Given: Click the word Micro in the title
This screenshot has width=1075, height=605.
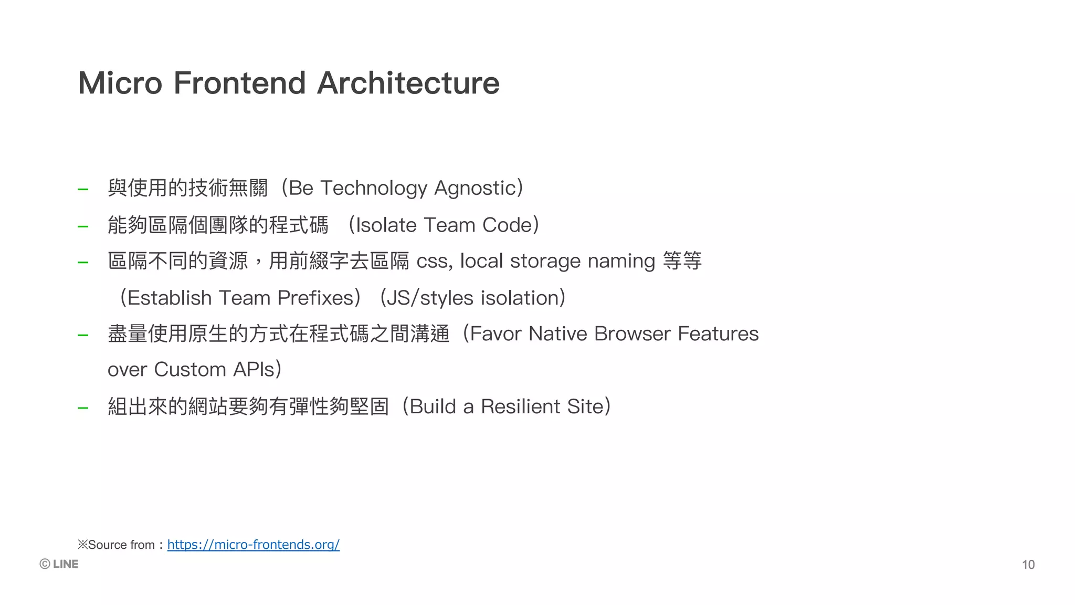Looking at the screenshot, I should (120, 83).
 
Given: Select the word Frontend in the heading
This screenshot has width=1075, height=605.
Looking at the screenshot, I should (239, 83).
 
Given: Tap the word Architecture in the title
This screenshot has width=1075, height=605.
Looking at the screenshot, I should (408, 83).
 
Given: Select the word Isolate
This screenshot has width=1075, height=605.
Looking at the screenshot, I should (386, 225).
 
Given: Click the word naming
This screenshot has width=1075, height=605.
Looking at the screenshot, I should (621, 261).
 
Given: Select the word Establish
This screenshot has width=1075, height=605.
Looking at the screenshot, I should (170, 298).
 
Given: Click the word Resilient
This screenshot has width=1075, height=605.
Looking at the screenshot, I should (521, 406).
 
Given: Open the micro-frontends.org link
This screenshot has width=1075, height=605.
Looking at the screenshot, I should (253, 545).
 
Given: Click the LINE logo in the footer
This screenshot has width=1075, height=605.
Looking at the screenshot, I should (59, 564).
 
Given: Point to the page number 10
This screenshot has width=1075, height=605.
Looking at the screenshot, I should (1028, 565).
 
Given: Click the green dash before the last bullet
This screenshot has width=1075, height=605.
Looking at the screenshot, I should (83, 408).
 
